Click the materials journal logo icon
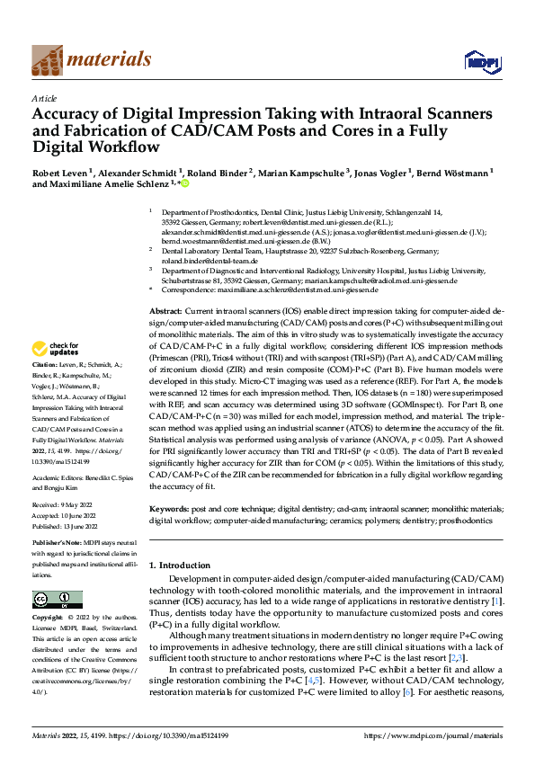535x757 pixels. (49, 60)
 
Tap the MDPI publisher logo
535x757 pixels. (480, 61)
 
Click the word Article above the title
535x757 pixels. (44, 98)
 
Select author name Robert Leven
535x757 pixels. (63, 171)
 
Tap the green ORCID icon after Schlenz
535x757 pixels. (185, 184)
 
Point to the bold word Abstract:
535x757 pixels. (167, 309)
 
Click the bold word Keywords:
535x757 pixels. (172, 510)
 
